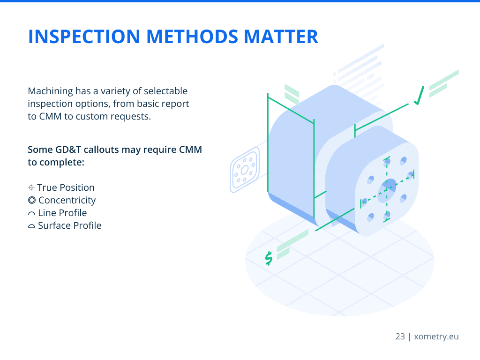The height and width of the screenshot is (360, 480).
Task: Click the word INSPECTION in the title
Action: [84, 37]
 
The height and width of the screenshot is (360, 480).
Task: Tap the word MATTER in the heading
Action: [281, 37]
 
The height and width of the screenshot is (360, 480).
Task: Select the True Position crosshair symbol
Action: [31, 187]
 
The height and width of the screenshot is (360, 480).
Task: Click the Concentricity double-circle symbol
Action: [31, 200]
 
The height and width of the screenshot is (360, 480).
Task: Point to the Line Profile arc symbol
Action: [31, 213]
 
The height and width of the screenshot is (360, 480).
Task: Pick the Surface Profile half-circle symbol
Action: [31, 226]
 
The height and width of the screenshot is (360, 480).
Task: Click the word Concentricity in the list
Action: [67, 201]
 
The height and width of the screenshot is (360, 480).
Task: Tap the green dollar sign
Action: [269, 258]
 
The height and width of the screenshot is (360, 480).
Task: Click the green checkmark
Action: [419, 96]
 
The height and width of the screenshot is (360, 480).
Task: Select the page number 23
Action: [400, 337]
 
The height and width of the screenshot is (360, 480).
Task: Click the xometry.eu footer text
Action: [436, 337]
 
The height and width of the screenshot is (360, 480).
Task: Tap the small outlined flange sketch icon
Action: [245, 170]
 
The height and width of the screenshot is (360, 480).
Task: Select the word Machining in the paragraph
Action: [51, 91]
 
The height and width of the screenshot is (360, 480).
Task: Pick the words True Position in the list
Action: [66, 187]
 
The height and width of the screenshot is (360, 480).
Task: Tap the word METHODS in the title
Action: [192, 37]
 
